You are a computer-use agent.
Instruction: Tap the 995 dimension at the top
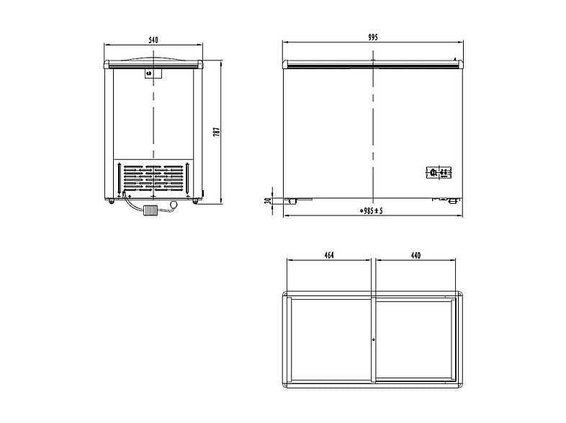pos(372,37)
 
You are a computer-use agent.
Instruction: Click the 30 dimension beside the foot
pos(268,200)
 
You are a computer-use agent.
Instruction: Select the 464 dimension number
pos(328,256)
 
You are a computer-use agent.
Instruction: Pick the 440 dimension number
pos(415,256)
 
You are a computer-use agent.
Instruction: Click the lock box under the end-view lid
pos(153,73)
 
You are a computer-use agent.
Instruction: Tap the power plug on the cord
pos(151,210)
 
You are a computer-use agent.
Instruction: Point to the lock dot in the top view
pos(373,339)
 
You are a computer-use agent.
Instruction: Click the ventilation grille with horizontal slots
pos(153,177)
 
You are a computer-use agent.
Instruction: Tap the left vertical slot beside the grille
pos(117,177)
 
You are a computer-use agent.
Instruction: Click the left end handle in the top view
pos(284,339)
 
